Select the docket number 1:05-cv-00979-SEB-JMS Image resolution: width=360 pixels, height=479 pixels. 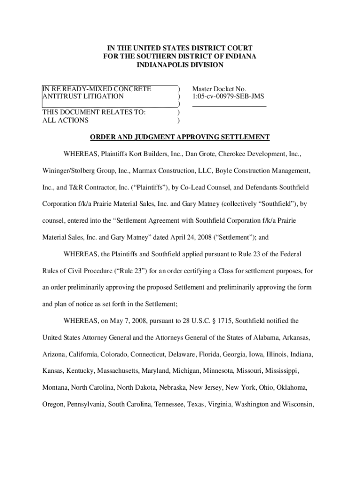pos(228,96)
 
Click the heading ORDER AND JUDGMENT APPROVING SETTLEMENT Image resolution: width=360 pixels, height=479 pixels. pos(180,137)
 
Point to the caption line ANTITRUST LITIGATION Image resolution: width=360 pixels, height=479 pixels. pos(83,96)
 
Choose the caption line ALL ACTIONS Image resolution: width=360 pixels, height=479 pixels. pos(65,120)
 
